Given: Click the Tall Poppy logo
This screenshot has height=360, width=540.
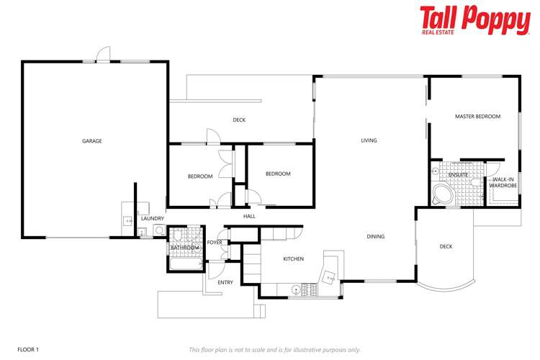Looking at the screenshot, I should (x=474, y=19).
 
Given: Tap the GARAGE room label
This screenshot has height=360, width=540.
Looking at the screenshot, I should (x=91, y=141).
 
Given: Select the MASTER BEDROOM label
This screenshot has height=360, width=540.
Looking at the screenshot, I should (x=477, y=116).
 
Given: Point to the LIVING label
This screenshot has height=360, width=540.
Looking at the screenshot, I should (x=369, y=140).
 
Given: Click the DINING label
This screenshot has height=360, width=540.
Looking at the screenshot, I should (x=375, y=236).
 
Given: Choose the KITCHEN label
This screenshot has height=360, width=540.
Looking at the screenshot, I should (x=293, y=258).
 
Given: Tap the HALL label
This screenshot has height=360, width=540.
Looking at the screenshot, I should (x=249, y=216).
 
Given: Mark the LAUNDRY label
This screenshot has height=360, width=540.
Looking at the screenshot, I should (x=152, y=218).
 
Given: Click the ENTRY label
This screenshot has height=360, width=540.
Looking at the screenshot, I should (x=225, y=282).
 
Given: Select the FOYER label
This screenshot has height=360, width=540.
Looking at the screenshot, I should (x=215, y=243).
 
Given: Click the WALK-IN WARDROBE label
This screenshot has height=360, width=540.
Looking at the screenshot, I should (x=503, y=182).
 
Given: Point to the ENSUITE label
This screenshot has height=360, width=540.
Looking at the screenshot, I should (x=458, y=175).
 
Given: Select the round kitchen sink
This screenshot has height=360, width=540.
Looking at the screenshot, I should (x=296, y=289).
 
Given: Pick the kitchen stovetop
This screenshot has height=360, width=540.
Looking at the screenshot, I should (x=311, y=289).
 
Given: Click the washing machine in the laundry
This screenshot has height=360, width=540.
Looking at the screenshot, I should (x=141, y=232).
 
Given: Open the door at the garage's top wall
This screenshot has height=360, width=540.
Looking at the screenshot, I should (x=104, y=55).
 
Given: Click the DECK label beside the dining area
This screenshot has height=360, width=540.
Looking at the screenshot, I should (x=446, y=247).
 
